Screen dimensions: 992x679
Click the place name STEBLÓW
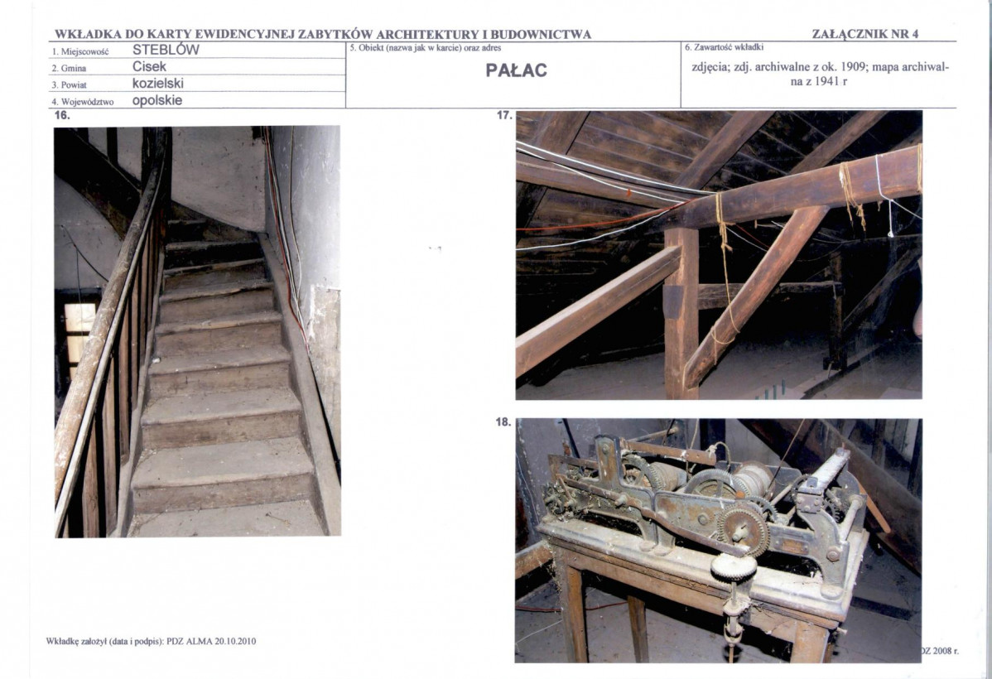tap(166, 50)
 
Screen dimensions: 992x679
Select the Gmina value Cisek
tap(149, 66)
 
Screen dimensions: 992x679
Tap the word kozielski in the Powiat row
tap(158, 83)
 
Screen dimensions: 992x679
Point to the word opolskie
tap(157, 100)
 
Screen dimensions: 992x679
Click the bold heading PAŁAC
tap(516, 70)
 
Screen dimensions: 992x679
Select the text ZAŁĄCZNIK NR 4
tap(864, 34)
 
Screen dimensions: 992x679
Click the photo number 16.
tap(62, 115)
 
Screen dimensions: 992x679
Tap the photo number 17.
tap(504, 115)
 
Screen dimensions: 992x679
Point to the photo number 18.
tap(503, 422)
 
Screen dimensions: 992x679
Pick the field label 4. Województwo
tap(83, 102)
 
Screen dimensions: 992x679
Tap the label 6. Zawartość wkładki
tap(725, 47)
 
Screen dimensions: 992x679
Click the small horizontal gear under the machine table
tap(734, 567)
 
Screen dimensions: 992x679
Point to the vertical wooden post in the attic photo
tap(681, 313)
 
